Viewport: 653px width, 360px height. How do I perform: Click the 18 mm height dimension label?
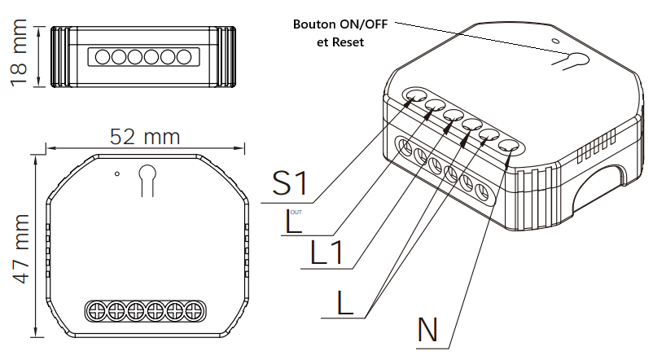(x=21, y=56)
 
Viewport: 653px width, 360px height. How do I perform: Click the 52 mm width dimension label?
(x=144, y=136)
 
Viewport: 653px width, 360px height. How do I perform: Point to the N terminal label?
(x=428, y=330)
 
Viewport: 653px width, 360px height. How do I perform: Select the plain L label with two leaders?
(x=345, y=303)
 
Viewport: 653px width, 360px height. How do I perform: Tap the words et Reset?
(x=341, y=42)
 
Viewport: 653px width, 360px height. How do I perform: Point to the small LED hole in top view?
(x=117, y=173)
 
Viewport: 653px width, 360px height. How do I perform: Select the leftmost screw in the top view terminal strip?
(x=96, y=310)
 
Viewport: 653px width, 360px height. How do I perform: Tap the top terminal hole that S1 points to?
(x=415, y=97)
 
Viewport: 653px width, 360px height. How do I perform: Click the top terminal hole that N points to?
(x=509, y=147)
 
